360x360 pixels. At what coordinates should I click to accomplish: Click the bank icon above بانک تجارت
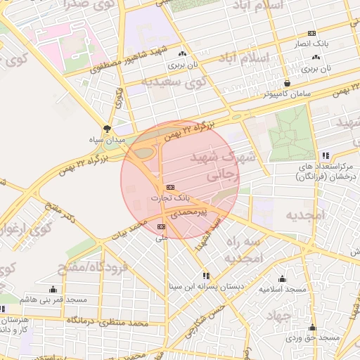(x=170, y=188)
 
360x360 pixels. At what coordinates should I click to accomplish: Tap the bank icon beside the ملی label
(x=162, y=226)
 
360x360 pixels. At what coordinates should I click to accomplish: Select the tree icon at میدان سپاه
(x=107, y=129)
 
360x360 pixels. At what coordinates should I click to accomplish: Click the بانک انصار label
(x=311, y=44)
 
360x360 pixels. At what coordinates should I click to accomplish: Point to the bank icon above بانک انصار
(x=311, y=33)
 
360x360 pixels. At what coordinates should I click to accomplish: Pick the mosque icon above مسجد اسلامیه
(x=282, y=278)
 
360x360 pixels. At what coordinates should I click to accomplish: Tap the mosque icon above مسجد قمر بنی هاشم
(x=53, y=289)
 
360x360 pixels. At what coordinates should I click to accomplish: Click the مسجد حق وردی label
(x=313, y=338)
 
